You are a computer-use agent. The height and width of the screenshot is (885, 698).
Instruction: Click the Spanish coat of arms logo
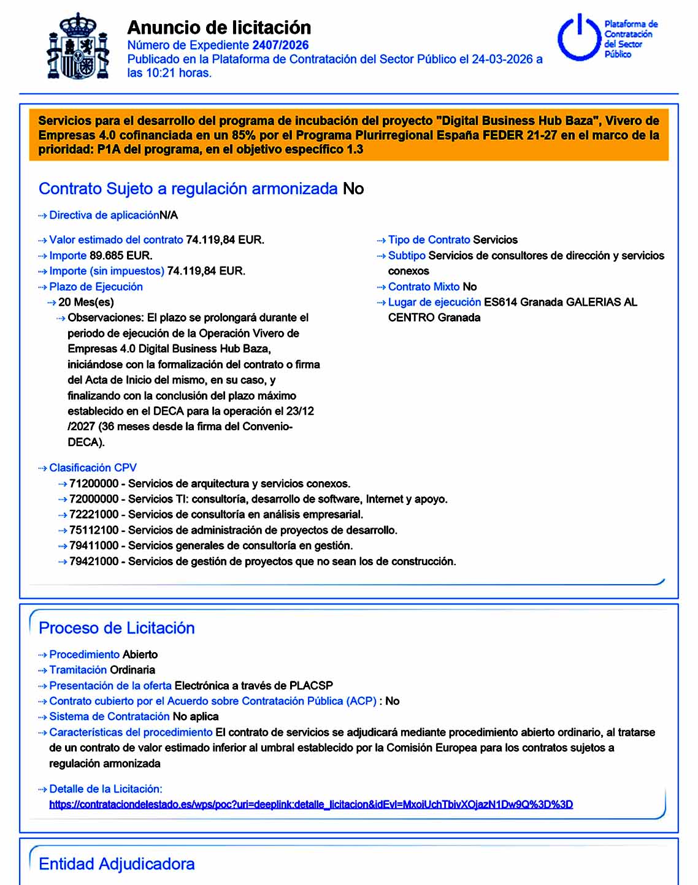click(79, 46)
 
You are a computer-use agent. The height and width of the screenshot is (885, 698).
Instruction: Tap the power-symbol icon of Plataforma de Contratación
click(578, 38)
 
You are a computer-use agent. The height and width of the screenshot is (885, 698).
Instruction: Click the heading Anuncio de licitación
click(219, 28)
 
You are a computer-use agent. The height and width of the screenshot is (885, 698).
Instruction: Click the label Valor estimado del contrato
click(116, 240)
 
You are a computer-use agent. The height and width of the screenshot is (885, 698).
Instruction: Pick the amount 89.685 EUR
click(121, 256)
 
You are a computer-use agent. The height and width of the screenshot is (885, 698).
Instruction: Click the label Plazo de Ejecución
click(96, 287)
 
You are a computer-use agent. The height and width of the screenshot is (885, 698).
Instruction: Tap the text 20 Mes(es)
click(86, 302)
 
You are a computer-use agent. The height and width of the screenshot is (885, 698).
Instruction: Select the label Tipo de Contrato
click(429, 240)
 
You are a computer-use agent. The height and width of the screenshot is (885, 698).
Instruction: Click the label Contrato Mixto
click(423, 287)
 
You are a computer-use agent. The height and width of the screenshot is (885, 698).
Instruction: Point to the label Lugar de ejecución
click(434, 302)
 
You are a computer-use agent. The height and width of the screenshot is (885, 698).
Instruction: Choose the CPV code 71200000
click(94, 484)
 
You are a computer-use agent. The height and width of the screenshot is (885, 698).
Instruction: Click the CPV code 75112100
click(94, 530)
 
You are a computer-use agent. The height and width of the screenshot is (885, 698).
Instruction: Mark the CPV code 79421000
click(94, 561)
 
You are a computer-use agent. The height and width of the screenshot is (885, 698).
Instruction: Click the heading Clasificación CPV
click(93, 468)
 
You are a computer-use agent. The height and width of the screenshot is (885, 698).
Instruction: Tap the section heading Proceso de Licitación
click(117, 628)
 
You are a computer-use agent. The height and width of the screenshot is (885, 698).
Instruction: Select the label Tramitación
click(78, 670)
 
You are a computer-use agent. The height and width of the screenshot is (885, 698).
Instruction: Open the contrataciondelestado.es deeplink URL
click(311, 804)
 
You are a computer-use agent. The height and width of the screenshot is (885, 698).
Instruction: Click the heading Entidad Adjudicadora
click(117, 864)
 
